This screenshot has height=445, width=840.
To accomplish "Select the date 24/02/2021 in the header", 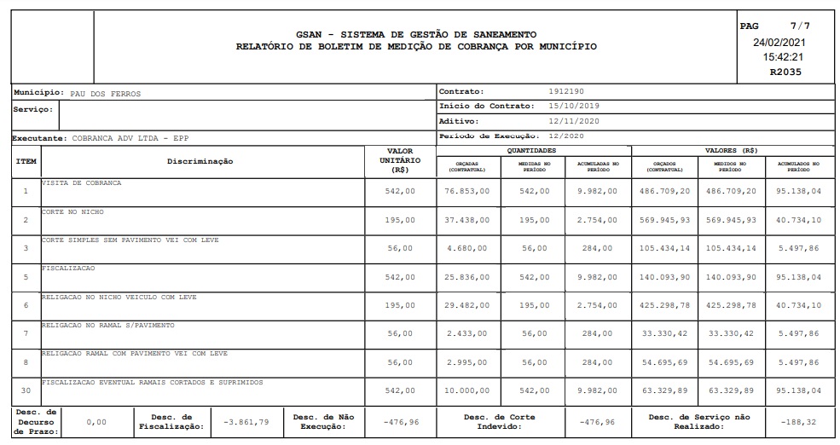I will click(779, 42).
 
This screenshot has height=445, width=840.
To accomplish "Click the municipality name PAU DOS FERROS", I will click(105, 94).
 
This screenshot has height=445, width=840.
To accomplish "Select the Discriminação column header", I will click(200, 161).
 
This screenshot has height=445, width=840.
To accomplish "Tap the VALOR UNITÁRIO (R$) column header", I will click(400, 160).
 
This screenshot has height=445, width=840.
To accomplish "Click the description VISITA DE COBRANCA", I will click(82, 183).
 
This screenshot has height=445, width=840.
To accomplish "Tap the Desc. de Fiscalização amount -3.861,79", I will click(240, 422).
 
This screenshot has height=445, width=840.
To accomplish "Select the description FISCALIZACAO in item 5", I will click(68, 268).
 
